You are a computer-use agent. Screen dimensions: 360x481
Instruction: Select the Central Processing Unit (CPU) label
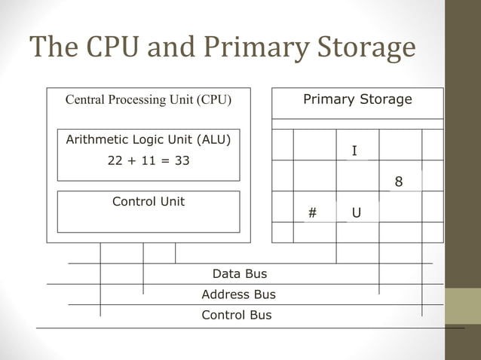[x=149, y=99]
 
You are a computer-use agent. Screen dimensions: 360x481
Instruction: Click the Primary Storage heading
[x=357, y=99]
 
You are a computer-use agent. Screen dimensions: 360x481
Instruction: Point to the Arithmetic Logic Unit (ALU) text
[x=149, y=139]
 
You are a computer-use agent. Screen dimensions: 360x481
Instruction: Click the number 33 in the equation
[x=182, y=161]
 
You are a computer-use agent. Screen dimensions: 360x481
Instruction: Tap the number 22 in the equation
[x=115, y=161]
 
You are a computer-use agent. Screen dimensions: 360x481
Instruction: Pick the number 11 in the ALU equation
[x=149, y=161]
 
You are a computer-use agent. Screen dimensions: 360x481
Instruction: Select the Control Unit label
[x=149, y=202]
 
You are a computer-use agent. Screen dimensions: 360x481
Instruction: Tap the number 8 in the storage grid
[x=399, y=182]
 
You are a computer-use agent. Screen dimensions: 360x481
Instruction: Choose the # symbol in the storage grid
[x=312, y=214]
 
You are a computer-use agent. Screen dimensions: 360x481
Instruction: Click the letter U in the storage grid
[x=356, y=214]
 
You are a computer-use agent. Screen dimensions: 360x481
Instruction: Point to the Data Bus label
[x=239, y=274]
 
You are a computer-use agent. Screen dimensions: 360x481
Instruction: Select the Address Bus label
[x=238, y=294]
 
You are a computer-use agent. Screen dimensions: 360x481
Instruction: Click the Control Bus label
[x=237, y=315]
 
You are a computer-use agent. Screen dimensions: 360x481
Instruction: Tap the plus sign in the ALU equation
[x=132, y=161]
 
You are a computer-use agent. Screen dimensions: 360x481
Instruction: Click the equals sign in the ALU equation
[x=165, y=161]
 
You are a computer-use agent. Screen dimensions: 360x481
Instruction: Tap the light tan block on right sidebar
[x=463, y=306]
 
